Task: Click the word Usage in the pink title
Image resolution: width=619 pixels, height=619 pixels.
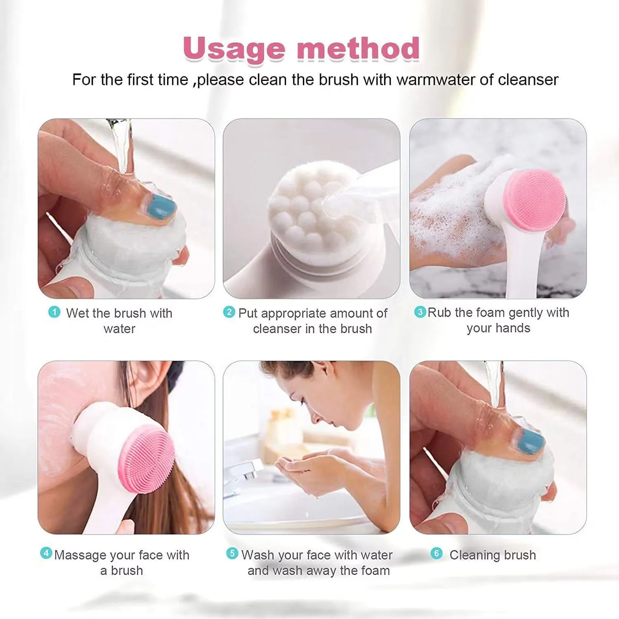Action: tap(234, 49)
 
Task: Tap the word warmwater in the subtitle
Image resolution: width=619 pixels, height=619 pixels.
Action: tap(435, 80)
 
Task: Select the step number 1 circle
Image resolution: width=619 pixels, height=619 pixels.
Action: tap(54, 312)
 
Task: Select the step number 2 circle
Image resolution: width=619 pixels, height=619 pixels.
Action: tap(229, 312)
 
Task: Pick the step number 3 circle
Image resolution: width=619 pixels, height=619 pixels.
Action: tap(420, 311)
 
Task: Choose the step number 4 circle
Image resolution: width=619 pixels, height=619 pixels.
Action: tap(46, 553)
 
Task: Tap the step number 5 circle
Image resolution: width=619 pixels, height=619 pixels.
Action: tap(232, 553)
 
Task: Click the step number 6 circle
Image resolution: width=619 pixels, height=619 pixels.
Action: tap(436, 553)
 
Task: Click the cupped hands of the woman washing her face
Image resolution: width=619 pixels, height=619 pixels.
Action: tap(300, 467)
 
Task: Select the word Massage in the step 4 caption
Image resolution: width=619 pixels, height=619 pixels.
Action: tap(81, 555)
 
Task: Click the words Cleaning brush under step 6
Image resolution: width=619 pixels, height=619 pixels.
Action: tap(493, 555)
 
